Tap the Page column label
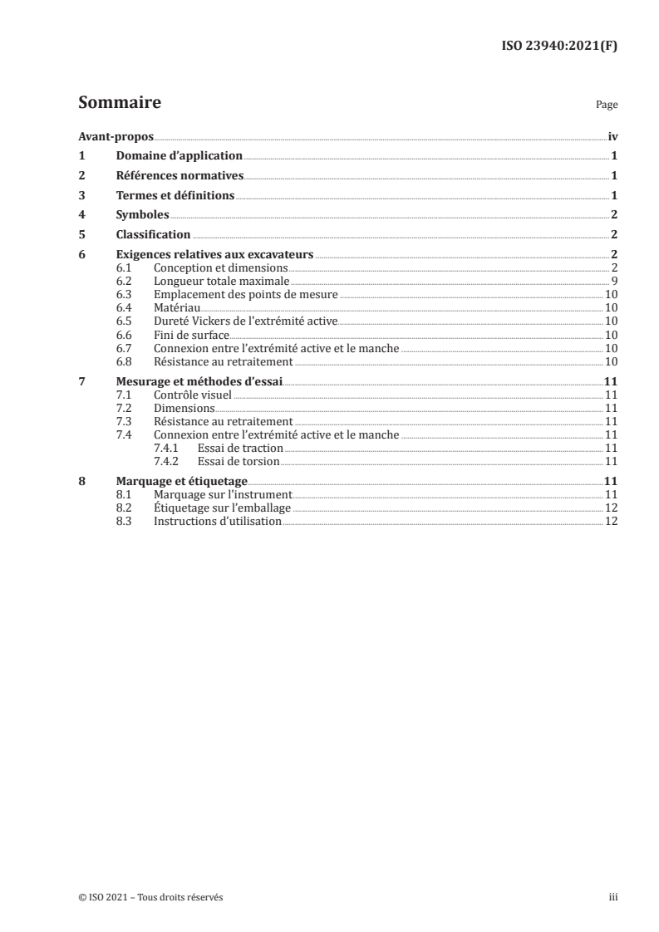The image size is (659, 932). pyautogui.click(x=606, y=105)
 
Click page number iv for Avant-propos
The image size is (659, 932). pyautogui.click(x=612, y=135)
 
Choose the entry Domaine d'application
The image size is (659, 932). pyautogui.click(x=179, y=155)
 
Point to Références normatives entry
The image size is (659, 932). pyautogui.click(x=179, y=175)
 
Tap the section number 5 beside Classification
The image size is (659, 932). pyautogui.click(x=81, y=234)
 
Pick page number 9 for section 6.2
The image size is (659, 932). pyautogui.click(x=613, y=282)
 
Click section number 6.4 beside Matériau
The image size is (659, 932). pyautogui.click(x=124, y=307)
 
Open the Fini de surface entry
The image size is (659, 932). pyautogui.click(x=192, y=334)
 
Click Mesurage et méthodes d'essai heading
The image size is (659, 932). pyautogui.click(x=199, y=381)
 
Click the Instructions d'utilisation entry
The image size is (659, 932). pyautogui.click(x=217, y=521)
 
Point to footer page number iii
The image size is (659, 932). pyautogui.click(x=613, y=897)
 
